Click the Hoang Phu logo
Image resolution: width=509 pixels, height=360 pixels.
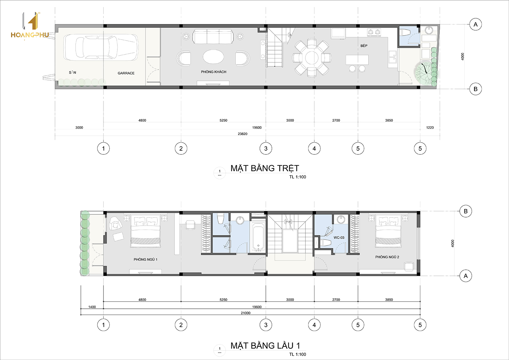click(30, 25)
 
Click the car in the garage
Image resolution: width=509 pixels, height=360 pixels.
click(101, 47)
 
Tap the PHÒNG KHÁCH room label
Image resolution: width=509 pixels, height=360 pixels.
click(213, 72)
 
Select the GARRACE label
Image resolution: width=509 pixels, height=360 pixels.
click(126, 73)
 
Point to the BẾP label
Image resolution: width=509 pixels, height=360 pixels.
click(364, 46)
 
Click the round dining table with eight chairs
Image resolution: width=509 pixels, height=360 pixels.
click(312, 58)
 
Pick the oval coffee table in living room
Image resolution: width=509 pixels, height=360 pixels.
click(213, 57)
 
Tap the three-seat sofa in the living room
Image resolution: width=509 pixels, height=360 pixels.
click(213, 36)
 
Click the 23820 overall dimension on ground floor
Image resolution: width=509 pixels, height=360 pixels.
click(243, 134)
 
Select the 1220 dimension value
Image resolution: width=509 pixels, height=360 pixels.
click(430, 128)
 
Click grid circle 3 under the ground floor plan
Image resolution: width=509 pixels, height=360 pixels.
click(266, 148)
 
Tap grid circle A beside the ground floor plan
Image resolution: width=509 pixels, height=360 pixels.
click(475, 24)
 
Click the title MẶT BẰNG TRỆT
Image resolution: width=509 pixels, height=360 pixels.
click(265, 168)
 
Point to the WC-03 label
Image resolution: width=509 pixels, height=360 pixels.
click(339, 238)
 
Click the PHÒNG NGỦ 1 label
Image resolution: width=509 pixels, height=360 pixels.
click(146, 259)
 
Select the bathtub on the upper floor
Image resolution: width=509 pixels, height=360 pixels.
click(258, 236)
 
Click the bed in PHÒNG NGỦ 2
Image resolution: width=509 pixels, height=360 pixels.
click(388, 231)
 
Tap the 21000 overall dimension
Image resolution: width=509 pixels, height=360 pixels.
click(246, 313)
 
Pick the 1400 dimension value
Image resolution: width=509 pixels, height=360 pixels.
click(92, 307)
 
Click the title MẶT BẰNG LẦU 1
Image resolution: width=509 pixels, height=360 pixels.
click(265, 346)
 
